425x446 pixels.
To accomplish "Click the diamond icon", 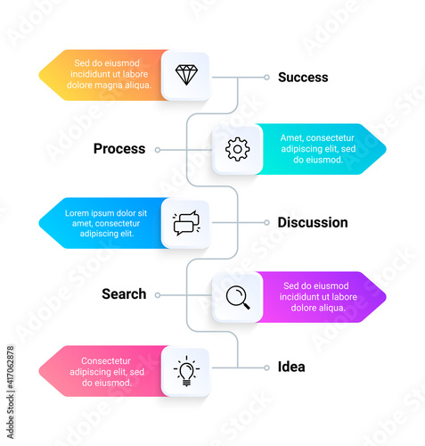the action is coord(186,75).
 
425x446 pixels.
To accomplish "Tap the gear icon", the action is coord(237,149).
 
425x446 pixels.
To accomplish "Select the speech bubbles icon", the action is coord(186,223).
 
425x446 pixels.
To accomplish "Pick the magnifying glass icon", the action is coord(238,297).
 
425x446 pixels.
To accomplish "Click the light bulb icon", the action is coord(186,371).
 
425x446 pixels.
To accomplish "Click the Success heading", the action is coord(303,78).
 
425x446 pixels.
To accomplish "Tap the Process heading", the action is coord(119,149).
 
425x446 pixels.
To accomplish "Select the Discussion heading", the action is coord(313,222).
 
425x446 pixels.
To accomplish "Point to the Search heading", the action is coord(124,293).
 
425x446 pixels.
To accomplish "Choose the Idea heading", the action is coord(291,367).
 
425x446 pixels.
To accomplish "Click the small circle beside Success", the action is coord(266,78).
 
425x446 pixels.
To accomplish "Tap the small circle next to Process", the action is coord(158,150).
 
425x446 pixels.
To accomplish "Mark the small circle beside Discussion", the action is coord(266,222).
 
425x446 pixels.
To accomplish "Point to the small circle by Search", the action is coord(158,295).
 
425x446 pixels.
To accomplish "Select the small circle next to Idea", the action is coord(266,368).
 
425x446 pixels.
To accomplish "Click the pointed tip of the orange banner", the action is coord(39,75).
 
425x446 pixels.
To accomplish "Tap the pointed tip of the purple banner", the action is coord(386,297).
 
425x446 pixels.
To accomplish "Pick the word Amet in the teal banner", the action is coord(291,138).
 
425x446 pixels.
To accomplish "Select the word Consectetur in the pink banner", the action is coord(106,361).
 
